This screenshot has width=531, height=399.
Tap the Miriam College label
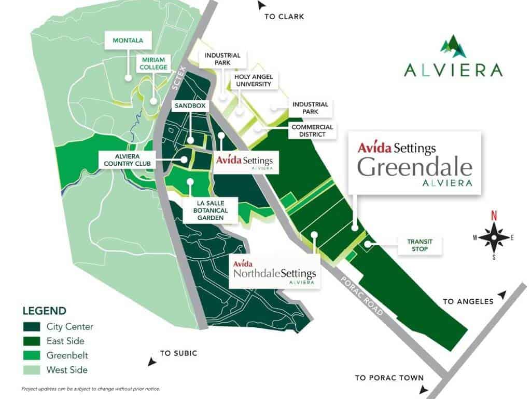click(x=153, y=63)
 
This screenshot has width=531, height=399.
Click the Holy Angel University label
click(x=254, y=80)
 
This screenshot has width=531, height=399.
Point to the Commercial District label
click(x=312, y=130)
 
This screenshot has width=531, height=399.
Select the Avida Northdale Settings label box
click(x=274, y=270)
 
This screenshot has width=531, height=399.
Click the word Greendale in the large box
click(x=415, y=167)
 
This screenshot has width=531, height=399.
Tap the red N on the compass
click(x=494, y=216)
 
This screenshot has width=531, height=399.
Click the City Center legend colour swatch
click(x=32, y=327)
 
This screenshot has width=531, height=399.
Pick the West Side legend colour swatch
click(x=32, y=370)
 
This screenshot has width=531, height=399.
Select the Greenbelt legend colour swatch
click(x=32, y=355)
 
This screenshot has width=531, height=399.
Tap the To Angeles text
click(x=468, y=301)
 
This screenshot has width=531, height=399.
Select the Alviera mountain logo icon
click(x=453, y=46)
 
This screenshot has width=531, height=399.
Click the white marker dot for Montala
click(x=127, y=78)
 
